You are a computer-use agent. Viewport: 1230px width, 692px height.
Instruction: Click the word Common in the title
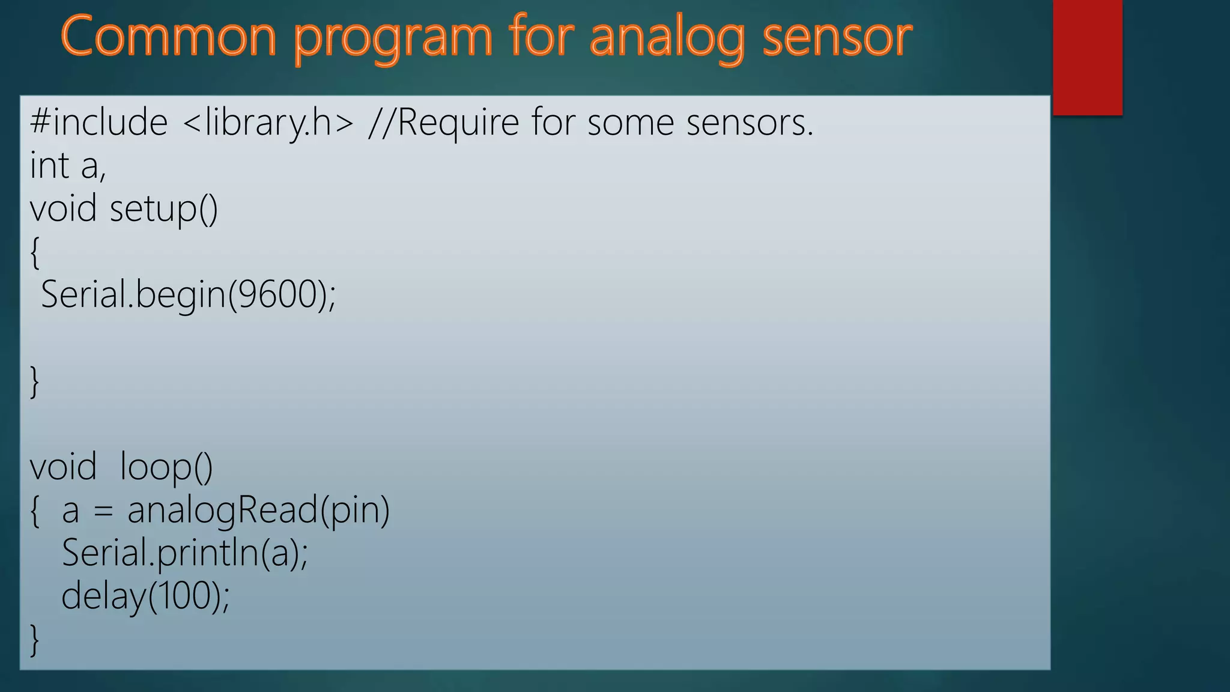coord(168,37)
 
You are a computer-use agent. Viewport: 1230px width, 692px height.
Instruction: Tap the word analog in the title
coord(667,37)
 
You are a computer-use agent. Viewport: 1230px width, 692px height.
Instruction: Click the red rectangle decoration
coord(1087,57)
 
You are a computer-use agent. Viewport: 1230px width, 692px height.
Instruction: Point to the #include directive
coord(98,123)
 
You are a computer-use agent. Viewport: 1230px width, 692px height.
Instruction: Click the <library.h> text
coord(268,123)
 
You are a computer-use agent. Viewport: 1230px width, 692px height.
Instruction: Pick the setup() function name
coord(163,209)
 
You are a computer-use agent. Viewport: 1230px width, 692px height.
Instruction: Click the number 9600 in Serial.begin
coord(277,294)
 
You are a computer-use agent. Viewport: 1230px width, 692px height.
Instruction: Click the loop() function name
coord(166,467)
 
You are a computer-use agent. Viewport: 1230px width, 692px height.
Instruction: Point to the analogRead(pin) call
coord(258,510)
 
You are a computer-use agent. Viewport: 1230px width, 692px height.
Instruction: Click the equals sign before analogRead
coord(103,511)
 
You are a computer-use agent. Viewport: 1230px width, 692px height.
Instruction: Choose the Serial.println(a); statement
coord(184,553)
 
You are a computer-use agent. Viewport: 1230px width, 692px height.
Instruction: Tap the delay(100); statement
coord(145,596)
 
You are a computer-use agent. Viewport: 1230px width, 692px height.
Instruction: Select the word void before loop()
coord(63,467)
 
